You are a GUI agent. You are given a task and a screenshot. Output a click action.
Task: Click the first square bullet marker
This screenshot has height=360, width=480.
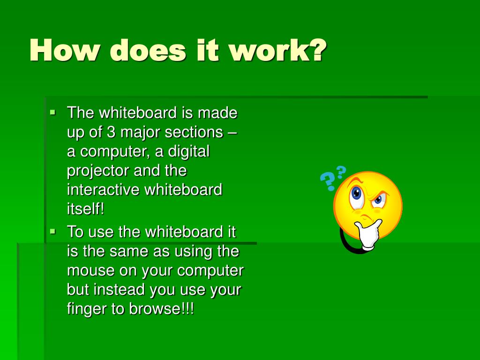pos(52,112)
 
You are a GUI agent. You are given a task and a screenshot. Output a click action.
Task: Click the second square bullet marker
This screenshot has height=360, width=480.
pos(52,231)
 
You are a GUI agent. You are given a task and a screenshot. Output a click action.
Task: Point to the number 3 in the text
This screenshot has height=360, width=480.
pos(111,132)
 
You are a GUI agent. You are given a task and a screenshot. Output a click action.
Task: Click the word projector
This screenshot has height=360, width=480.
pos(98,171)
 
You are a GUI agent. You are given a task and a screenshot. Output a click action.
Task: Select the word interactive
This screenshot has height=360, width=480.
pos(103,190)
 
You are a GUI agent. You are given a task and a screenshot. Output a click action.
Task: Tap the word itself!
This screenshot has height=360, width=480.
pos(85,209)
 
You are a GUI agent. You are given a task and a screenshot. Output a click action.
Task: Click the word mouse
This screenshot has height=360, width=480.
pos(90,270)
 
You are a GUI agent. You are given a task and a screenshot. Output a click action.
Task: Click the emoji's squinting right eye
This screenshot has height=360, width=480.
pos(379,201)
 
